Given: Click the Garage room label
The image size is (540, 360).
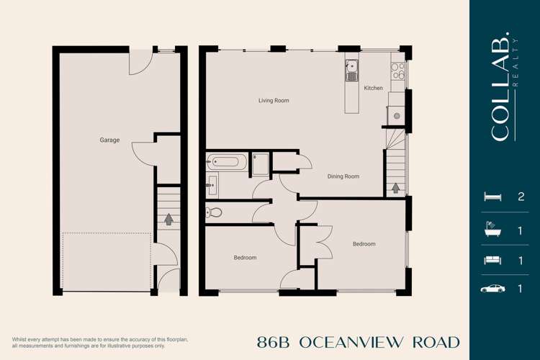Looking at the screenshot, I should click(109, 140).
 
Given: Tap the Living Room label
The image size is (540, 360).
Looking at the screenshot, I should click(274, 101).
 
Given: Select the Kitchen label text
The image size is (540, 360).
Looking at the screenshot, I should click(373, 89).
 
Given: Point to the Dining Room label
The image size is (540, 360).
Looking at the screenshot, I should click(343, 176).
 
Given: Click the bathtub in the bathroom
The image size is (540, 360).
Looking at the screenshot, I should click(227, 162).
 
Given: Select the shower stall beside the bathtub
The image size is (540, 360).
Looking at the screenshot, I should click(260, 164).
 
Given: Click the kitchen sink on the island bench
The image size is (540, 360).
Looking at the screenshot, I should click(351, 71).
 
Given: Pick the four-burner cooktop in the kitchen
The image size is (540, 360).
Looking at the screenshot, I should click(397, 70).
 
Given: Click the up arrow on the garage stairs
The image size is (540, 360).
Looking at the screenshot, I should click(169, 218).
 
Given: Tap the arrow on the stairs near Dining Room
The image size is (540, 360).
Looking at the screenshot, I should click(395, 188).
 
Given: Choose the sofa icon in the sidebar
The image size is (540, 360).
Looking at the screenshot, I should click(492, 259).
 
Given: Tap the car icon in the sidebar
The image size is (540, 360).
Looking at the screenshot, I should click(492, 289).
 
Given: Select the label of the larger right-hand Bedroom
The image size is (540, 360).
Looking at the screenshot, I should click(364, 244).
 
